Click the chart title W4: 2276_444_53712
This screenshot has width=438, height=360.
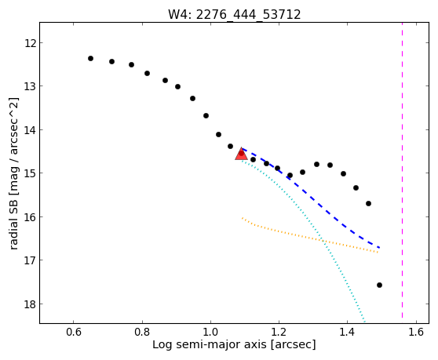click(x=235, y=15)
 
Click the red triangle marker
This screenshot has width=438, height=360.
click(x=241, y=154)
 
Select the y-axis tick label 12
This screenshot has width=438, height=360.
click(x=30, y=43)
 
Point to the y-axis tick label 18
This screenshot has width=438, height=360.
click(x=30, y=304)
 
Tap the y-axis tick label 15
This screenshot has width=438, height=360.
click(x=30, y=173)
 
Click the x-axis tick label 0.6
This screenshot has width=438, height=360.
click(x=74, y=333)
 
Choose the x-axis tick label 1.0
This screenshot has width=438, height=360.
click(x=210, y=333)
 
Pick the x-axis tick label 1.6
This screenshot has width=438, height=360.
click(x=416, y=333)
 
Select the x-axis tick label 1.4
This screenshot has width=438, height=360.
click(x=347, y=333)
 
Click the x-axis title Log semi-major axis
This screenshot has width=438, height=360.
click(x=210, y=345)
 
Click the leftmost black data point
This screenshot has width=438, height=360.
click(x=90, y=58)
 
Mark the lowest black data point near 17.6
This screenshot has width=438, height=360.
click(x=379, y=285)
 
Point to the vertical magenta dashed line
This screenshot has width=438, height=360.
click(x=402, y=170)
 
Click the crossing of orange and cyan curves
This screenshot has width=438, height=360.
click(x=323, y=241)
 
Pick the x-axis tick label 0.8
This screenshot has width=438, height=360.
click(x=142, y=333)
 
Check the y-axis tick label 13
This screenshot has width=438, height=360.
click(x=30, y=86)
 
